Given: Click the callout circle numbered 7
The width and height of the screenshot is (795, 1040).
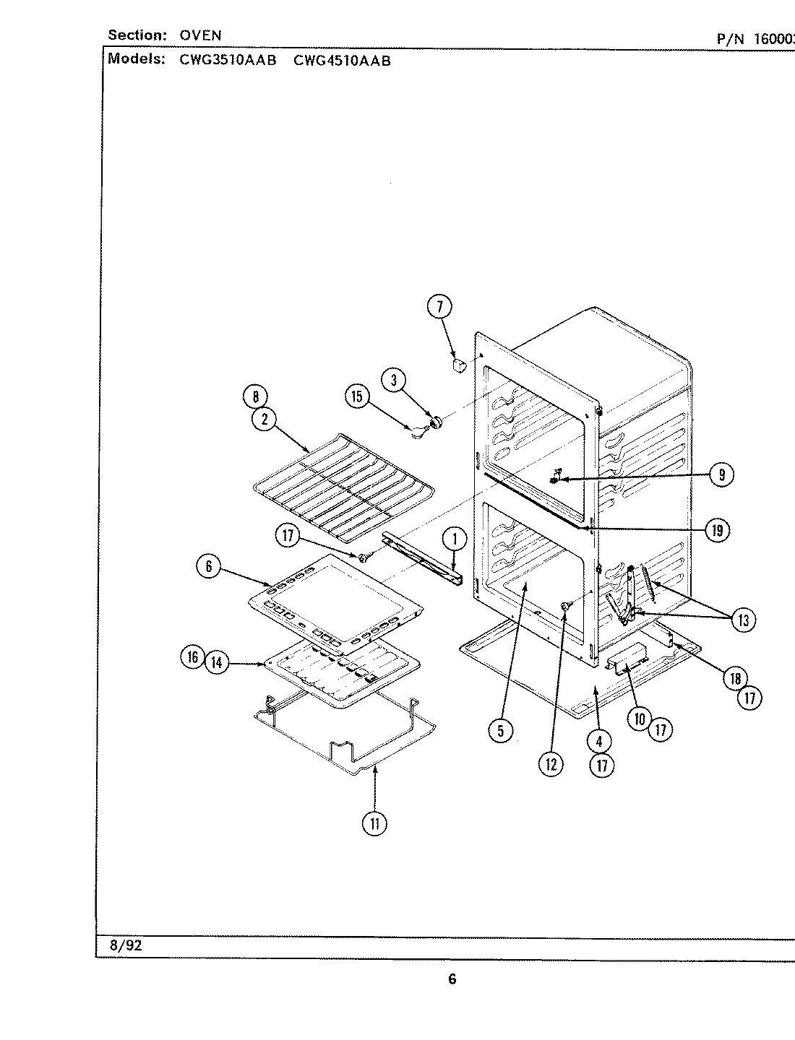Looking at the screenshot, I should (x=439, y=307).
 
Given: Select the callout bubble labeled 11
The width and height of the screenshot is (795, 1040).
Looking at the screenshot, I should (x=375, y=823).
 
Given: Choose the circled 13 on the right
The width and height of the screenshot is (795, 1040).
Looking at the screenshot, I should (x=743, y=619).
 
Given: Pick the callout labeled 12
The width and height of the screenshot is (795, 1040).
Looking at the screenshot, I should (x=551, y=764).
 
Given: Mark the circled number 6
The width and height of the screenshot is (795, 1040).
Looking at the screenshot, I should (x=208, y=566).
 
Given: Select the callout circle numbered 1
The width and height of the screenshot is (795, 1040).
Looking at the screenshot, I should (x=454, y=538).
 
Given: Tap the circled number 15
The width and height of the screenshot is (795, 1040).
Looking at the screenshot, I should (x=357, y=396).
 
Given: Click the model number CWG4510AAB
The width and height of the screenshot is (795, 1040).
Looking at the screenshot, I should (x=342, y=61).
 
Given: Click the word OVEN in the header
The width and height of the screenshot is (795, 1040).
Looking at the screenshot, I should (x=201, y=35).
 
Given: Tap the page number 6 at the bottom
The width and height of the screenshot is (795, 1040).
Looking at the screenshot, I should (x=452, y=979).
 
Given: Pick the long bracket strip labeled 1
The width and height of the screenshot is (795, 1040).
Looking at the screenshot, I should (x=422, y=555).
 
